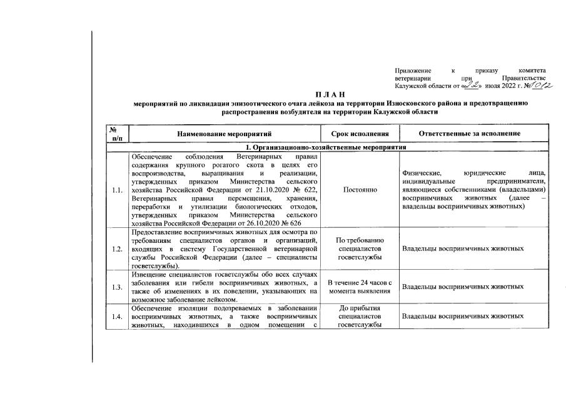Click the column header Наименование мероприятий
pos(224,134)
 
